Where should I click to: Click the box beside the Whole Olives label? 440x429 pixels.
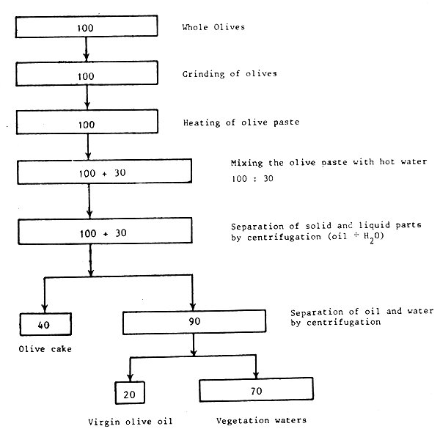pyautogui.click(x=87, y=27)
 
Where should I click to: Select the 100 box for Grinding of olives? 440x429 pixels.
pyautogui.click(x=87, y=75)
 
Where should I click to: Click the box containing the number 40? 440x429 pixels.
pyautogui.click(x=45, y=322)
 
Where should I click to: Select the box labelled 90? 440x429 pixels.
pyautogui.click(x=194, y=321)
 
